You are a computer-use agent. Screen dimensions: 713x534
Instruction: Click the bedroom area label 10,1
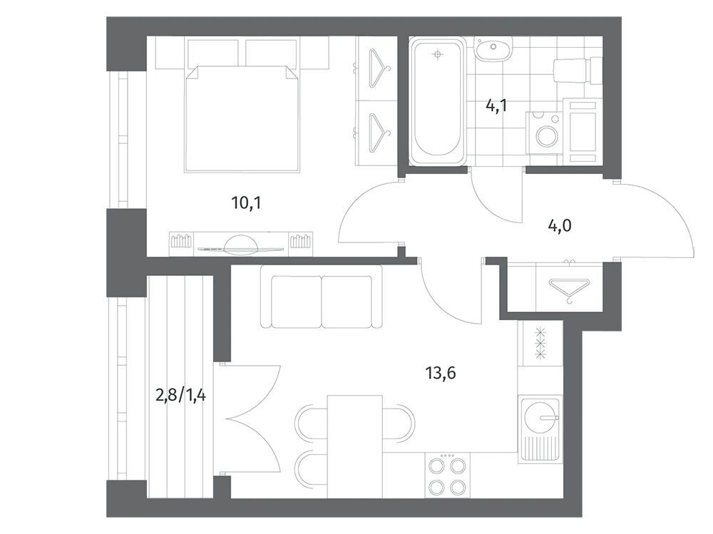tap(247, 203)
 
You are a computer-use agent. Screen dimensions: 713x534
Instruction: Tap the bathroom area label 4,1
tap(496, 106)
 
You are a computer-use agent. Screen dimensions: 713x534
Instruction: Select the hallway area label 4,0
tap(559, 225)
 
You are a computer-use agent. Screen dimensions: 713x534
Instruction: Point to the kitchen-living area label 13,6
tap(441, 374)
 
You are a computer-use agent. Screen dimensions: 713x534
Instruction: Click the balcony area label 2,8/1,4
tap(180, 395)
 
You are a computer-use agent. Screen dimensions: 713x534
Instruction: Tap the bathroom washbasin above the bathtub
tap(493, 48)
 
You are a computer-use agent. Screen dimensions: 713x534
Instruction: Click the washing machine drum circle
tap(545, 135)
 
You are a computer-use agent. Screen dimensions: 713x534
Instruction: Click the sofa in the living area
tap(322, 296)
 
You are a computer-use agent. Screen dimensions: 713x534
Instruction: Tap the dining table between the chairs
tap(354, 447)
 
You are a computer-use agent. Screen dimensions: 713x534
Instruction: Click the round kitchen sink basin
tap(538, 416)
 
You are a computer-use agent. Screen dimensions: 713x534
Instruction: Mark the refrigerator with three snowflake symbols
tap(540, 344)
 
